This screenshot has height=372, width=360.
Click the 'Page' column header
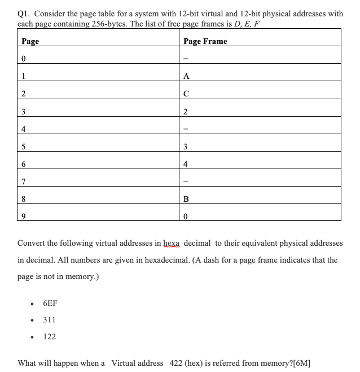click(30, 41)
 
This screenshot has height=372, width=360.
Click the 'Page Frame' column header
click(205, 41)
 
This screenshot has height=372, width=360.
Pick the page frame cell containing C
click(187, 94)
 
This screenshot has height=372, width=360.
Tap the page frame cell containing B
click(187, 199)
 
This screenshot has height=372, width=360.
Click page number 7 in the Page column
click(23, 181)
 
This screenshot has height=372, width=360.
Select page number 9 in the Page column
click(23, 216)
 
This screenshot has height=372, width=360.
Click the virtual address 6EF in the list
click(50, 303)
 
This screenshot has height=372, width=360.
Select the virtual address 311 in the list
click(49, 320)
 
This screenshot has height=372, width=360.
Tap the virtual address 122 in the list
click(49, 336)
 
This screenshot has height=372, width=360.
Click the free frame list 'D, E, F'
click(246, 24)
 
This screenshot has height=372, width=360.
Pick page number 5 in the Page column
click(23, 147)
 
